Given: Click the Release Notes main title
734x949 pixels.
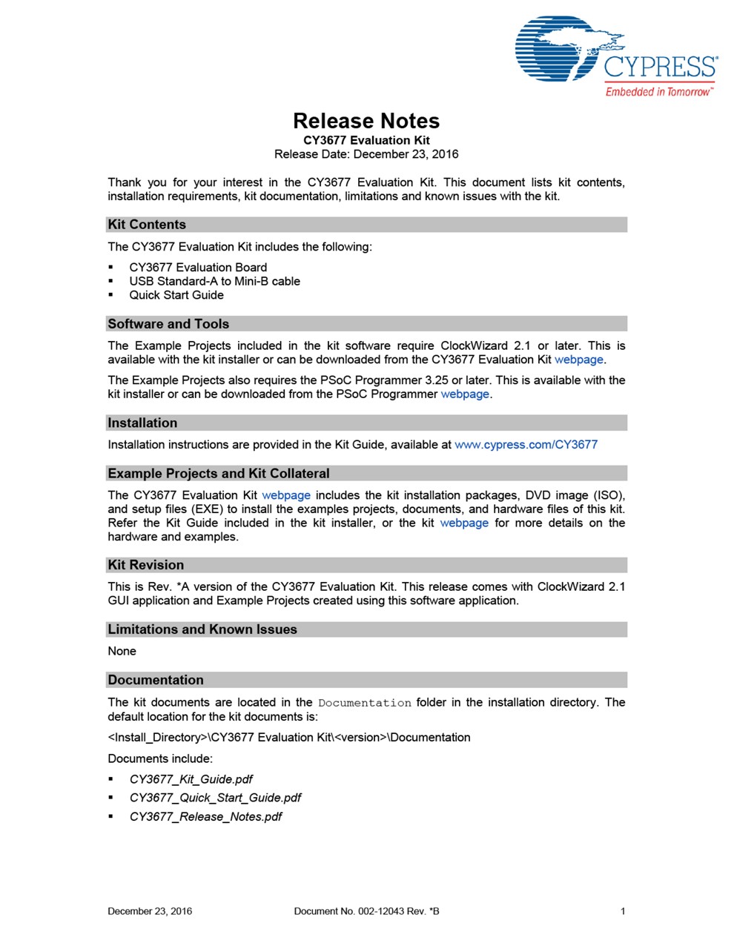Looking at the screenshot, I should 366,121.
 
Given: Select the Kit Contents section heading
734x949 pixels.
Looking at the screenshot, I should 147,225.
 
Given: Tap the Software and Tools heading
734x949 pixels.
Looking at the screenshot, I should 168,324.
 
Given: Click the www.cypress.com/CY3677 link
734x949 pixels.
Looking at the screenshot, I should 526,445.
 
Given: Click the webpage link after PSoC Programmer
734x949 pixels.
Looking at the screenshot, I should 465,394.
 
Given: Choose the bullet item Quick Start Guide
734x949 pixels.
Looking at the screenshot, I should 176,295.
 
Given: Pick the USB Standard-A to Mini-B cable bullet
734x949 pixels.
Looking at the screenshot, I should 214,281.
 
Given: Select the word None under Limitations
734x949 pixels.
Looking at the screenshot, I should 122,651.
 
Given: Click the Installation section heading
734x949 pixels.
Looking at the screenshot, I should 142,423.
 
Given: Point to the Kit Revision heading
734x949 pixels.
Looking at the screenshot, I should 145,565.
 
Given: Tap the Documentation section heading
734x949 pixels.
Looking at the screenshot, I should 156,680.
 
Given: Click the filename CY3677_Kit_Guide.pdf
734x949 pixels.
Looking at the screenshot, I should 191,779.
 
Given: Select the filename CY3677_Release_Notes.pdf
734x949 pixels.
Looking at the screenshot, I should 205,817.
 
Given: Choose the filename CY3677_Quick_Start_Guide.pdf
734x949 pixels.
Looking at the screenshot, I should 215,798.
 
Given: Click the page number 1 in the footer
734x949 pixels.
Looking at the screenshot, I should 623,911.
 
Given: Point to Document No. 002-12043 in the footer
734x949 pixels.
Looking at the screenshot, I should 366,911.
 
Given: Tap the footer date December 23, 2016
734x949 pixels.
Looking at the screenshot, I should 150,911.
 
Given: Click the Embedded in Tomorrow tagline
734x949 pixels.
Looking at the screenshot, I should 658,92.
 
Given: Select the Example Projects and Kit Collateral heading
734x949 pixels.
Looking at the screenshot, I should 219,474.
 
